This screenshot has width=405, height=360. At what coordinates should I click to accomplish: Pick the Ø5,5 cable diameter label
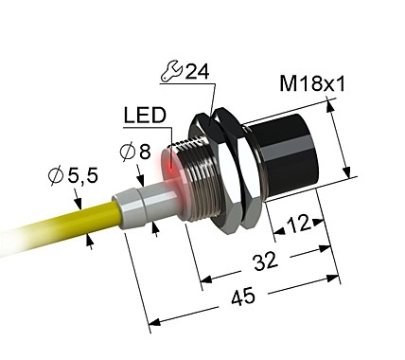point(68,176)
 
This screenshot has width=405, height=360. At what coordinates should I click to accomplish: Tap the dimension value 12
point(297,224)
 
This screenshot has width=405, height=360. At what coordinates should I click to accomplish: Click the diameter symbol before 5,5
point(55,176)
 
